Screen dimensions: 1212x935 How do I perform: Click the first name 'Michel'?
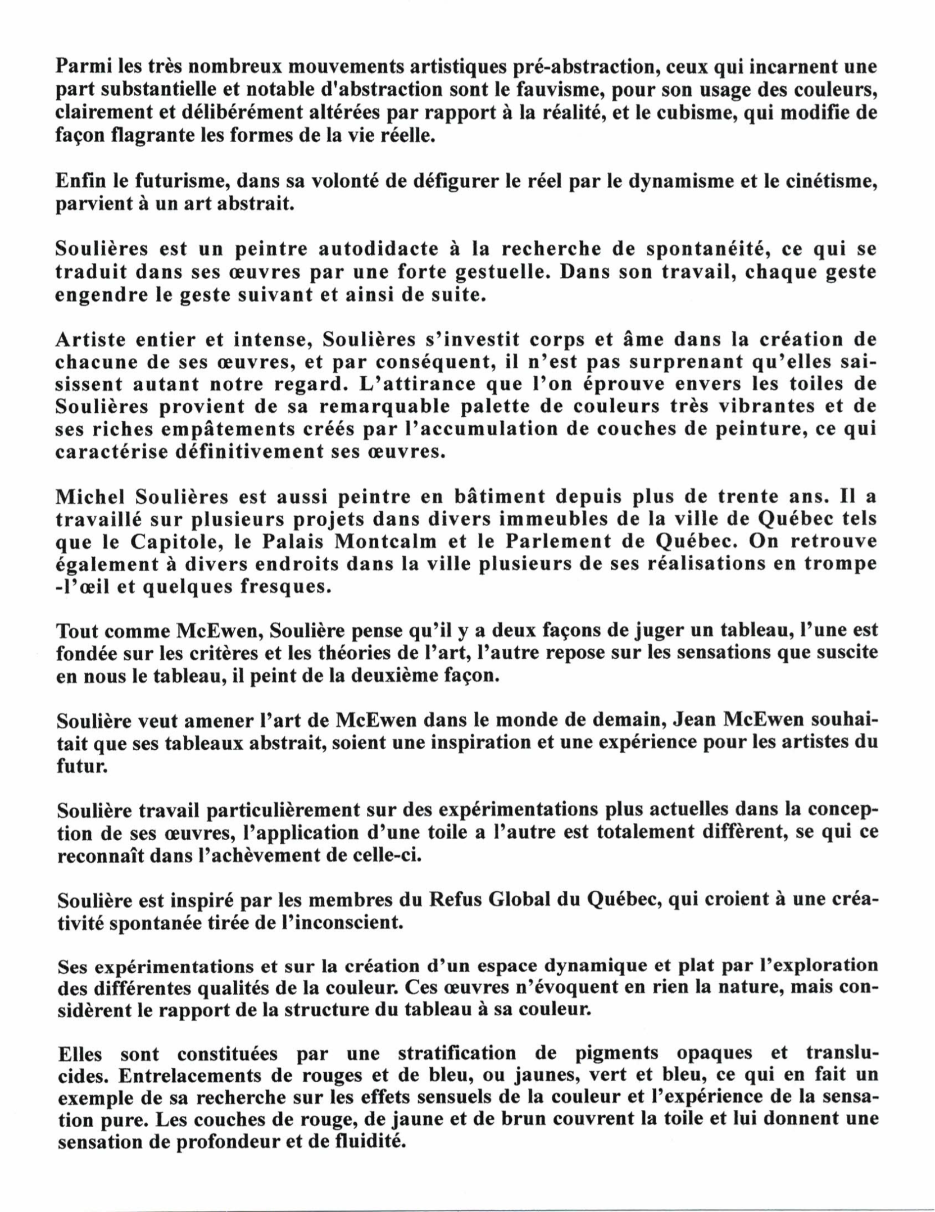90,496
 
